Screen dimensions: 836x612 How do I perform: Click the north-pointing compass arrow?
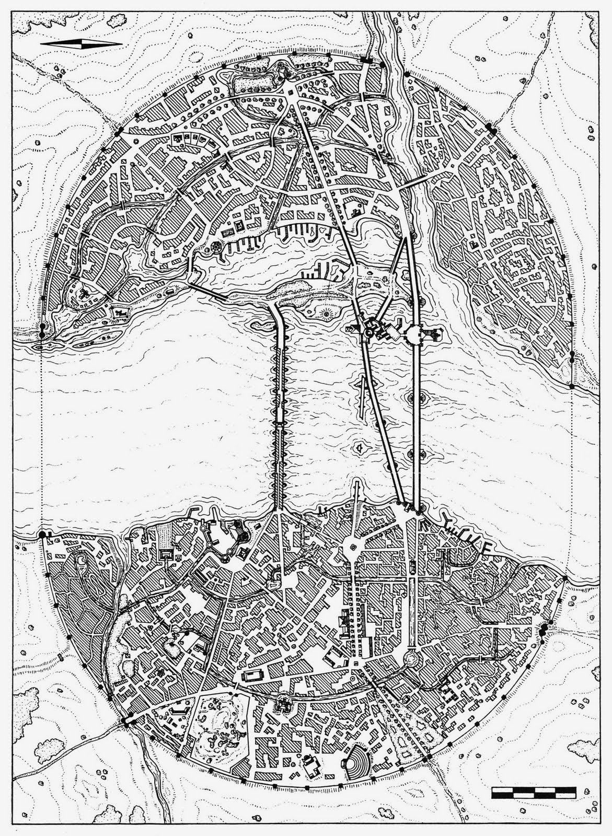(x=80, y=44)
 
